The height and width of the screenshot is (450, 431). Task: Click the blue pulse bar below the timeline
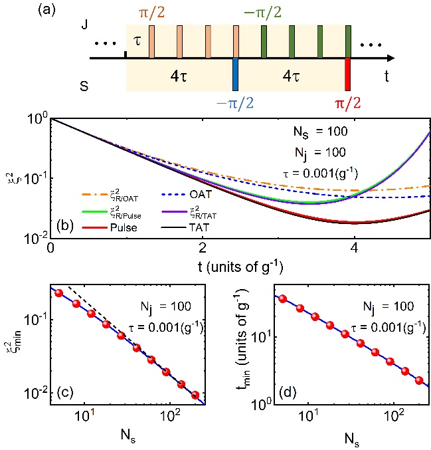coord(236,74)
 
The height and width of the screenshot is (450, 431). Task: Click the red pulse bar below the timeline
coord(348,74)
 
